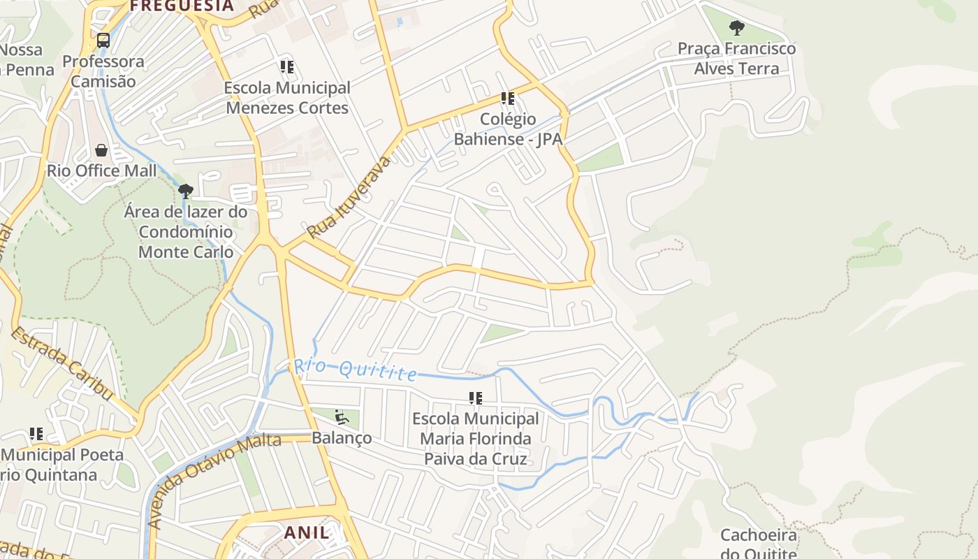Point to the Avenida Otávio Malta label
[214, 480]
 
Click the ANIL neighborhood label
[306, 532]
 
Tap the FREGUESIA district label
[182, 6]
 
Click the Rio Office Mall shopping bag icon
[101, 150]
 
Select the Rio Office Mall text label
[102, 170]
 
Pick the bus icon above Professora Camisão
[103, 41]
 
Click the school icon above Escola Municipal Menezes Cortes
[287, 67]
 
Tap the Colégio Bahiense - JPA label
[508, 129]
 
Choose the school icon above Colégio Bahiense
[508, 99]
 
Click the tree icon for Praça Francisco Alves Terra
[736, 28]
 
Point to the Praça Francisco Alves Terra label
[736, 59]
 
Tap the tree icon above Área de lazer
[185, 191]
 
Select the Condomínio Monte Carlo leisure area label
[186, 231]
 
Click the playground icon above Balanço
[342, 417]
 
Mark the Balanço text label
[342, 438]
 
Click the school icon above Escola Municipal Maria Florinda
[476, 398]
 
